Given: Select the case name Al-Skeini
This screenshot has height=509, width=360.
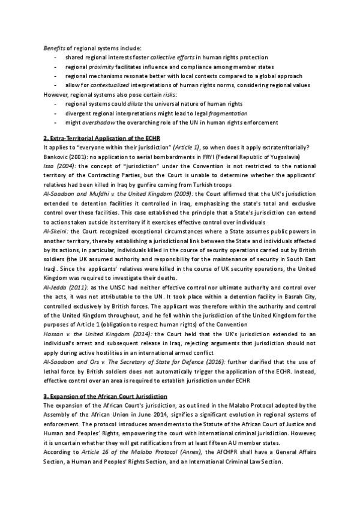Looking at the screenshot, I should coord(56,230).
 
